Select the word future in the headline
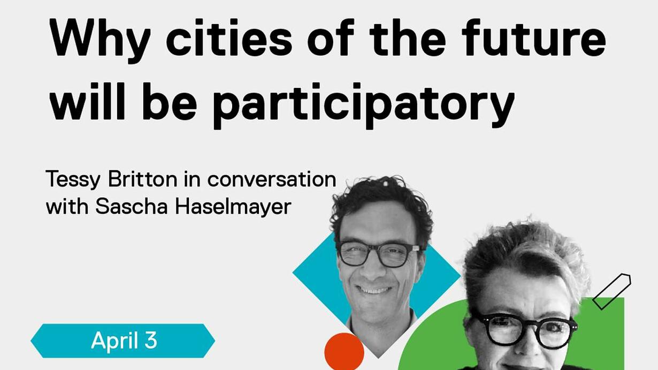(x=534, y=37)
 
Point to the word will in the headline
(x=88, y=101)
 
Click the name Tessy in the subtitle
(x=73, y=180)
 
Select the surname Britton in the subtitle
(x=143, y=178)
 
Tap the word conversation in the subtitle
(x=272, y=179)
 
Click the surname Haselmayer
(x=233, y=207)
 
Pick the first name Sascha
(x=131, y=207)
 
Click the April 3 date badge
(x=123, y=341)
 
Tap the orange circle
(x=345, y=352)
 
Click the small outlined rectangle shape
(x=611, y=291)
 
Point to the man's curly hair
(x=382, y=203)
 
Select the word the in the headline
(x=408, y=37)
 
